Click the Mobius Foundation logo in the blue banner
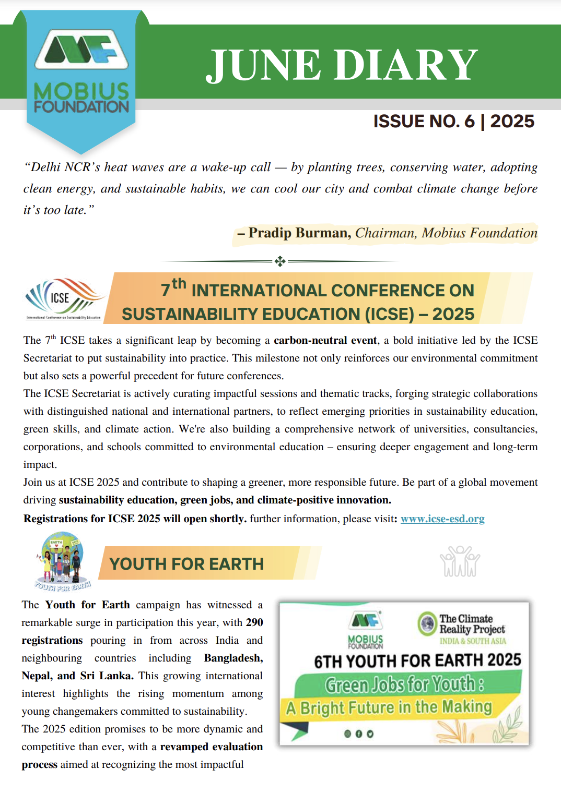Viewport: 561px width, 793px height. coord(81,70)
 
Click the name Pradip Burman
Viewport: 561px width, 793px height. coord(299,233)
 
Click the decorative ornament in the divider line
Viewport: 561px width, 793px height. coord(280,261)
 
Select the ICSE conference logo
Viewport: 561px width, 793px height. coord(63,298)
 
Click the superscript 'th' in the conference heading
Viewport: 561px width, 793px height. coord(179,283)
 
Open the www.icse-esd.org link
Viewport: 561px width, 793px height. coord(442,519)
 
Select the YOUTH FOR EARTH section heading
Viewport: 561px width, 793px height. coord(186,564)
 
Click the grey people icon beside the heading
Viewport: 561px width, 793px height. coord(460,561)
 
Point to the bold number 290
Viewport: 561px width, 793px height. coord(254,622)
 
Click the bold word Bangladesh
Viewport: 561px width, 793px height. coord(233,658)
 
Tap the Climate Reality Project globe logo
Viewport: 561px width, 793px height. coord(428,623)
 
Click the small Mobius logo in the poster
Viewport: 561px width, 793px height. coord(366,629)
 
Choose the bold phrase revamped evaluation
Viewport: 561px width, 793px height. coord(211,747)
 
